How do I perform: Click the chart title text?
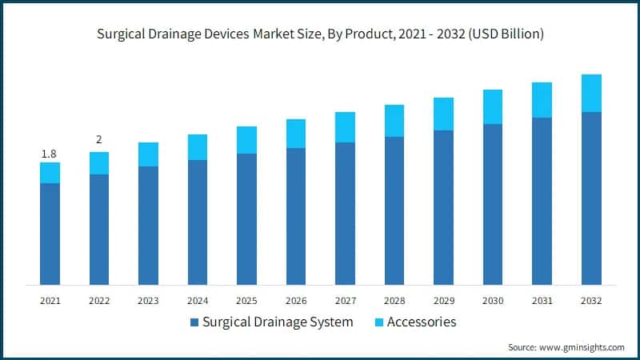(x=320, y=34)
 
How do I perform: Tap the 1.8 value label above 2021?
(x=50, y=153)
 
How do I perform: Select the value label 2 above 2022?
(x=99, y=140)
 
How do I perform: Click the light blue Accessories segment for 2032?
(x=591, y=93)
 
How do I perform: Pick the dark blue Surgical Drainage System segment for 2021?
(x=50, y=234)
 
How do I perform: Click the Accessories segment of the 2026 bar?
(x=296, y=134)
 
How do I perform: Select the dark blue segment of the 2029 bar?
(x=443, y=207)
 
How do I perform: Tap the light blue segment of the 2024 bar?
(x=198, y=147)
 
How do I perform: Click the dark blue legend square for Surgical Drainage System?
(x=194, y=322)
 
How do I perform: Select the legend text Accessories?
(x=422, y=322)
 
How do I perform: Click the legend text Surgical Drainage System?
(x=278, y=322)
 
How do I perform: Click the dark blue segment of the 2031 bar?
(x=542, y=201)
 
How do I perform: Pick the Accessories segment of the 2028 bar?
(x=394, y=121)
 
